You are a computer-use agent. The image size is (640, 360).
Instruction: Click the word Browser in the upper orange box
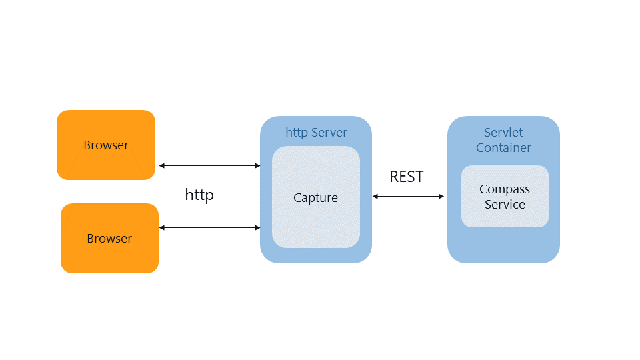pos(106,145)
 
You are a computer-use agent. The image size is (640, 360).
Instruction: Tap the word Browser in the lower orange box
pos(109,239)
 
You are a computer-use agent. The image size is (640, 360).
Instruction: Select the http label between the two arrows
pos(199,195)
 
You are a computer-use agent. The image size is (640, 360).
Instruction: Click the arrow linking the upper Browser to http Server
pos(210,166)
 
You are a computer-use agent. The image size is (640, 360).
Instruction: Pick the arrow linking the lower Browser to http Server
pos(210,228)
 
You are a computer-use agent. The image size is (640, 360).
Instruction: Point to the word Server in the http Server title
pos(329,133)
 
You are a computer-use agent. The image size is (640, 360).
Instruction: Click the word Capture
pos(315,198)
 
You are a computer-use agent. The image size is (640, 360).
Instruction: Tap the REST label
pos(407,177)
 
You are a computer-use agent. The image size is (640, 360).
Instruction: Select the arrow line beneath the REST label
pos(408,196)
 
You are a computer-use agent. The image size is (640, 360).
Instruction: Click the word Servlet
pos(503,133)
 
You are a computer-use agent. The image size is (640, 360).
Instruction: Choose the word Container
pos(504,148)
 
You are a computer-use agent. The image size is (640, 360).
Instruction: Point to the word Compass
pos(505,189)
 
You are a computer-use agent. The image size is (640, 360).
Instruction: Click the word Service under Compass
pos(505,205)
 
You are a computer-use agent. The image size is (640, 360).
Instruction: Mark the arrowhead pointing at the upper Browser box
pos(161,166)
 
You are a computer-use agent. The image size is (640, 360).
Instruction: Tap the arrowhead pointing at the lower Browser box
pos(161,228)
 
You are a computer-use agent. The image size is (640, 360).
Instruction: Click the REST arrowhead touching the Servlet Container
pos(441,196)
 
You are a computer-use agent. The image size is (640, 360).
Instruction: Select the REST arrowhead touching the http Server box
pos(375,196)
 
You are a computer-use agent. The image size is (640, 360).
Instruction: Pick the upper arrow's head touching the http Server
pos(258,166)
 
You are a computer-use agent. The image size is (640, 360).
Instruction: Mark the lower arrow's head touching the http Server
pos(258,228)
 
